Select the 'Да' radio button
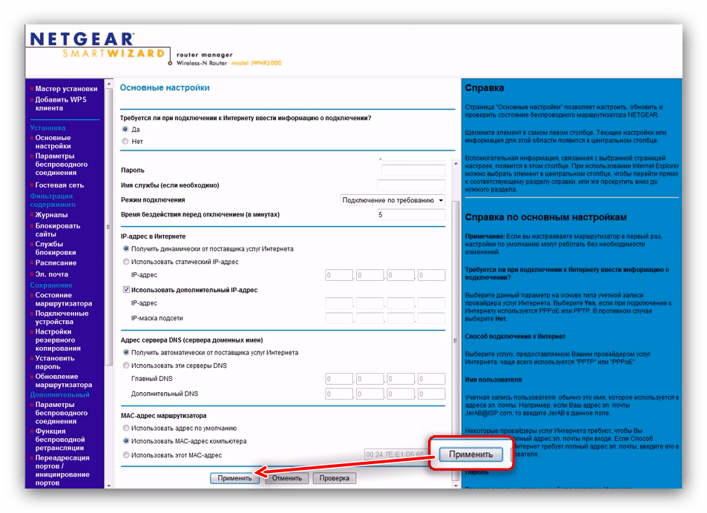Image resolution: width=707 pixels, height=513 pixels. coord(125,129)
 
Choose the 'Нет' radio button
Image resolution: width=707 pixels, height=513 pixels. coord(125,141)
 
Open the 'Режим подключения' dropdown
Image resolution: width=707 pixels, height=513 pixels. coord(392,200)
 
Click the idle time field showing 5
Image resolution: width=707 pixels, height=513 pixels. coord(411,215)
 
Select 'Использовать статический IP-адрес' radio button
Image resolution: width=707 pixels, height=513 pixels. coord(125,262)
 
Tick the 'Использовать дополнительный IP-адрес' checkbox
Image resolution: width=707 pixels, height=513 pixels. coord(125,290)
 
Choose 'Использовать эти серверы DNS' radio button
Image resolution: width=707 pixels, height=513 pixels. coord(125,365)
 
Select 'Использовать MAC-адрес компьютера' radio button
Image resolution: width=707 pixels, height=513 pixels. coord(125,441)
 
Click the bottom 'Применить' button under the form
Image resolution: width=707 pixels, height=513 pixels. coord(235,478)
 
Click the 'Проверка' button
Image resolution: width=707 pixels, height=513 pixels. coord(335,478)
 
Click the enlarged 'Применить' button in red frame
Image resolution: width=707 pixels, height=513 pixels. coord(470,454)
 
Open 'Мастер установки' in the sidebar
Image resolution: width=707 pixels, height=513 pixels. coord(66,89)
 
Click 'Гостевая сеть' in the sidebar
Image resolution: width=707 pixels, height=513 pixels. coord(59,185)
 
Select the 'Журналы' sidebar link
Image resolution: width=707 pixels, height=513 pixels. coord(51,215)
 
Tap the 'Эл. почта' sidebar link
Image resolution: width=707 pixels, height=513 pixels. coord(52,274)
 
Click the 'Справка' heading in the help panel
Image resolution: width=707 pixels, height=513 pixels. coord(484,88)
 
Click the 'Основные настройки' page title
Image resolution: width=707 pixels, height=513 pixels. coord(165,87)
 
